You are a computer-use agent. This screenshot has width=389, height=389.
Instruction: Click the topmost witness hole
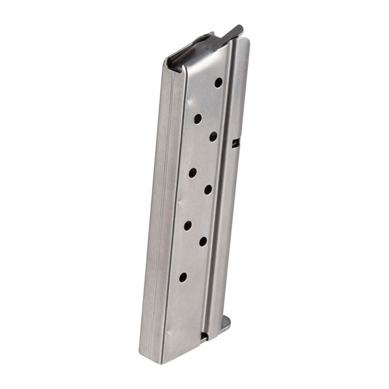click(x=218, y=82)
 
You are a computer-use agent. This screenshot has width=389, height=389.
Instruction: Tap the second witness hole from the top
click(x=198, y=118)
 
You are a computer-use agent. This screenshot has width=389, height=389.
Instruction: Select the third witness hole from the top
click(x=213, y=136)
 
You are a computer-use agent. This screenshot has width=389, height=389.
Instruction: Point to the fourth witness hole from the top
click(x=193, y=172)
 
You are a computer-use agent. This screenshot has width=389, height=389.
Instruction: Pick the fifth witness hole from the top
click(x=208, y=189)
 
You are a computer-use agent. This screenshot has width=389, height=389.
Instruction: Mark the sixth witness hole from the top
click(x=188, y=225)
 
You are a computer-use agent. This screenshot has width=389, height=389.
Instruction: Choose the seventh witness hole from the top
click(x=203, y=241)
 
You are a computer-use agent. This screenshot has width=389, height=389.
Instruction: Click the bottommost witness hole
click(x=183, y=277)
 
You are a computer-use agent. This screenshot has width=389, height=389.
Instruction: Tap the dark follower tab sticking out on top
click(x=236, y=31)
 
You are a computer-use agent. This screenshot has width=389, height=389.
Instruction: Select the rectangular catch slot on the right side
click(x=236, y=143)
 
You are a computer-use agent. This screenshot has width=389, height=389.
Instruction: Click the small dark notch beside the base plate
click(x=204, y=336)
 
